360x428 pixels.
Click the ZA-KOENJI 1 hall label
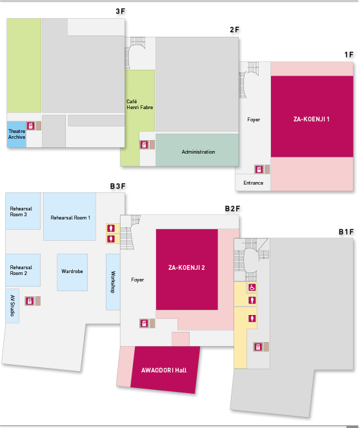pyautogui.click(x=311, y=119)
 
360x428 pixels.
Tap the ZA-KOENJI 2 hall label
pyautogui.click(x=186, y=267)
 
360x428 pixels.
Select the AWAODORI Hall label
pyautogui.click(x=164, y=370)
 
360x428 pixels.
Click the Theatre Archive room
pyautogui.click(x=16, y=134)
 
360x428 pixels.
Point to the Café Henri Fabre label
pyautogui.click(x=139, y=105)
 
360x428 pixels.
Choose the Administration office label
pyautogui.click(x=198, y=152)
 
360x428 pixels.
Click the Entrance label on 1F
pyautogui.click(x=253, y=183)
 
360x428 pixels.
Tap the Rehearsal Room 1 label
pyautogui.click(x=70, y=218)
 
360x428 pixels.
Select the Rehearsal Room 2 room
pyautogui.click(x=23, y=270)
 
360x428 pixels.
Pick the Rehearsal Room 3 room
pyautogui.click(x=23, y=211)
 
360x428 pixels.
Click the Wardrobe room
pyautogui.click(x=72, y=272)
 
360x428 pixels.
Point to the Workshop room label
pyautogui.click(x=113, y=282)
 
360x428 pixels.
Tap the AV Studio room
pyautogui.click(x=12, y=306)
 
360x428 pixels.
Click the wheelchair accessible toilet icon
pyautogui.click(x=252, y=287)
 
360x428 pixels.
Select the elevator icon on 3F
pyautogui.click(x=30, y=126)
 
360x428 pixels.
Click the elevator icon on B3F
pyautogui.click(x=29, y=301)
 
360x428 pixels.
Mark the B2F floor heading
pyautogui.click(x=232, y=209)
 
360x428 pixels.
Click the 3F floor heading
pyautogui.click(x=120, y=11)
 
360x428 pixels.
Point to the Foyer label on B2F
pyautogui.click(x=137, y=280)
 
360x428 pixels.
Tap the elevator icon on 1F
pyautogui.click(x=259, y=169)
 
